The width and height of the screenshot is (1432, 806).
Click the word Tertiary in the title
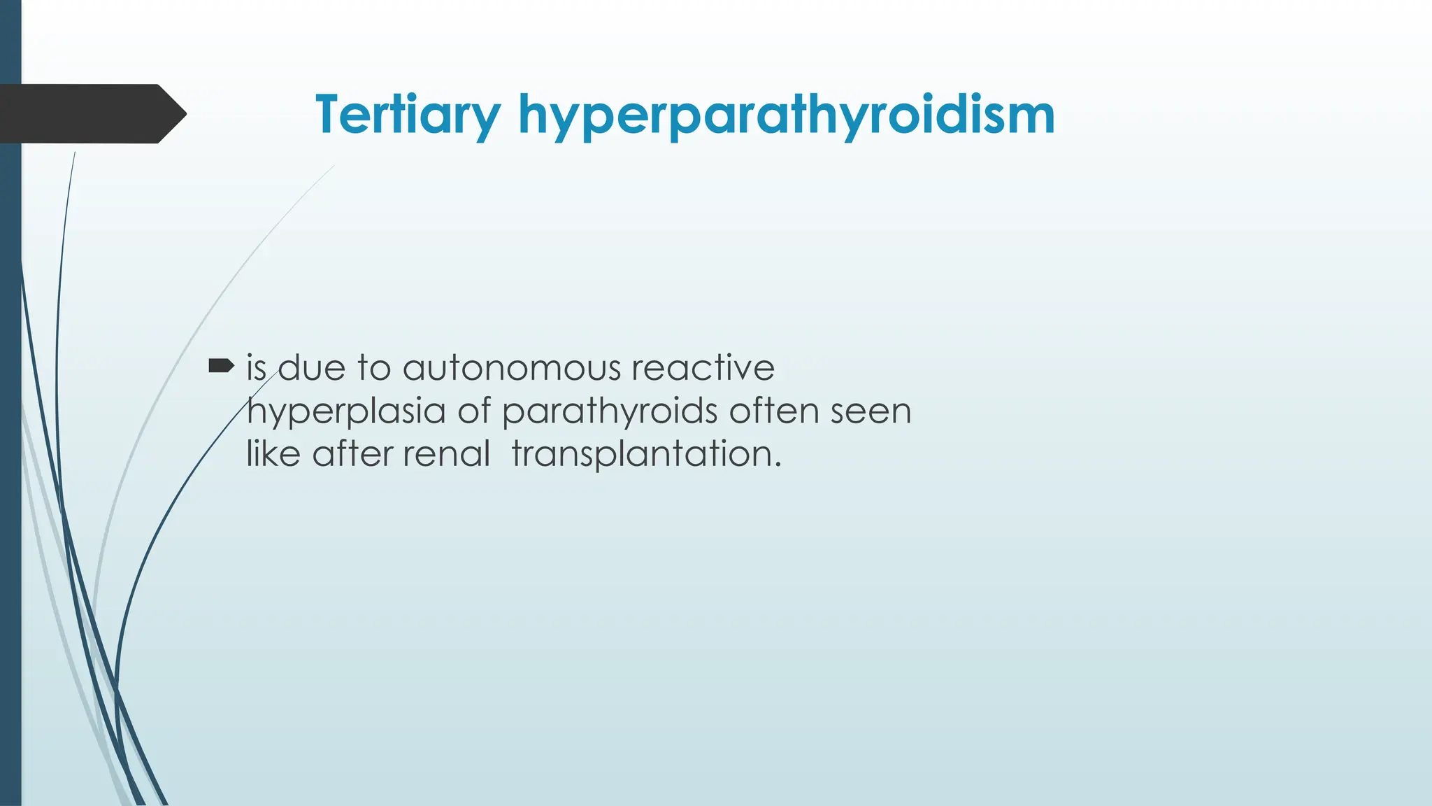(x=408, y=115)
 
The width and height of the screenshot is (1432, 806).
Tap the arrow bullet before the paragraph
(x=221, y=365)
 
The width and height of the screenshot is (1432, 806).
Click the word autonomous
(x=511, y=369)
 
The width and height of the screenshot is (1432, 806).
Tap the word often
(x=774, y=411)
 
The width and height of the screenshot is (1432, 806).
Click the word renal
(x=446, y=454)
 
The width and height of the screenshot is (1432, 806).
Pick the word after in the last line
(x=352, y=454)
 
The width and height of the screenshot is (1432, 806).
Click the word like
(x=273, y=454)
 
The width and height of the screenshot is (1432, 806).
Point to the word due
(x=312, y=369)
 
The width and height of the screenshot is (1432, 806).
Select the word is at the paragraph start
(x=256, y=369)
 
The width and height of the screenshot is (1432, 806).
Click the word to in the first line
(x=373, y=369)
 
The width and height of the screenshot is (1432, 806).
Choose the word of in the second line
(x=474, y=411)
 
